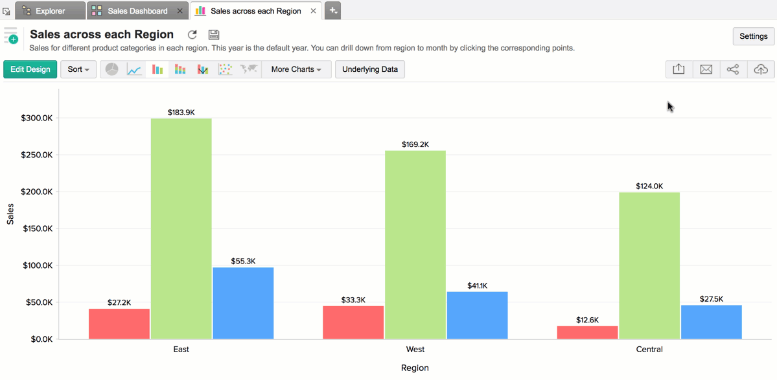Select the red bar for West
click(353, 322)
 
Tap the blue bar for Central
click(711, 322)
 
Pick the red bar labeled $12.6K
click(587, 332)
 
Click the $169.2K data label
click(415, 144)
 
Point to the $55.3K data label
click(243, 261)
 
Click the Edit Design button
click(30, 69)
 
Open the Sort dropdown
click(78, 69)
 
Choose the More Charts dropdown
click(296, 69)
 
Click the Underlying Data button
click(370, 69)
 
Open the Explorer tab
click(50, 11)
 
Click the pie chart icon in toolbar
click(112, 69)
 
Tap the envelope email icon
click(706, 69)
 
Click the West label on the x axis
click(415, 349)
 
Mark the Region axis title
click(415, 368)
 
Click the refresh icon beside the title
click(192, 35)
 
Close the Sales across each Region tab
click(314, 11)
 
